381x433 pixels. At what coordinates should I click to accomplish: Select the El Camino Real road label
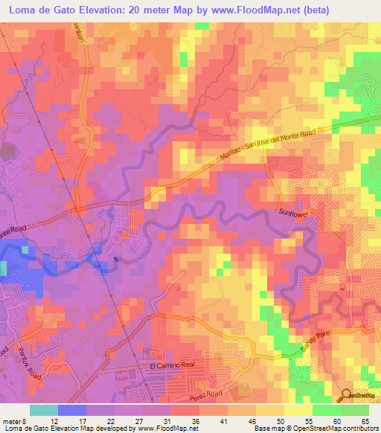click(172, 366)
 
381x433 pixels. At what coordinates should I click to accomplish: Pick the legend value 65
click(365, 420)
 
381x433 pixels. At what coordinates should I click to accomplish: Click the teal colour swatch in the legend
click(44, 410)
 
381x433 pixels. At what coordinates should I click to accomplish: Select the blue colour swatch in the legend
click(72, 410)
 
